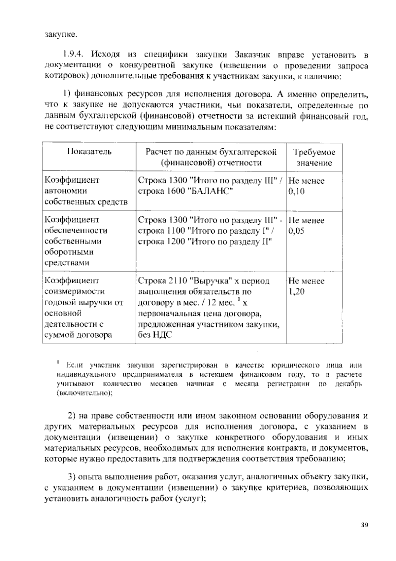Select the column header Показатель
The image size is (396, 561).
point(89,152)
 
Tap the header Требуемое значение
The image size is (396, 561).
point(314,157)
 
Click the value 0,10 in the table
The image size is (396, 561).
point(296,191)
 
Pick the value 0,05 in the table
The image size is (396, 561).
point(296,231)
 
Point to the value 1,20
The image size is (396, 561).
point(296,292)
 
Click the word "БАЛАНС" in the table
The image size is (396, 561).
point(211,191)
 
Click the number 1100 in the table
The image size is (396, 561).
point(177,231)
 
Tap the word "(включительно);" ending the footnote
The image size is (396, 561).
point(84,393)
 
